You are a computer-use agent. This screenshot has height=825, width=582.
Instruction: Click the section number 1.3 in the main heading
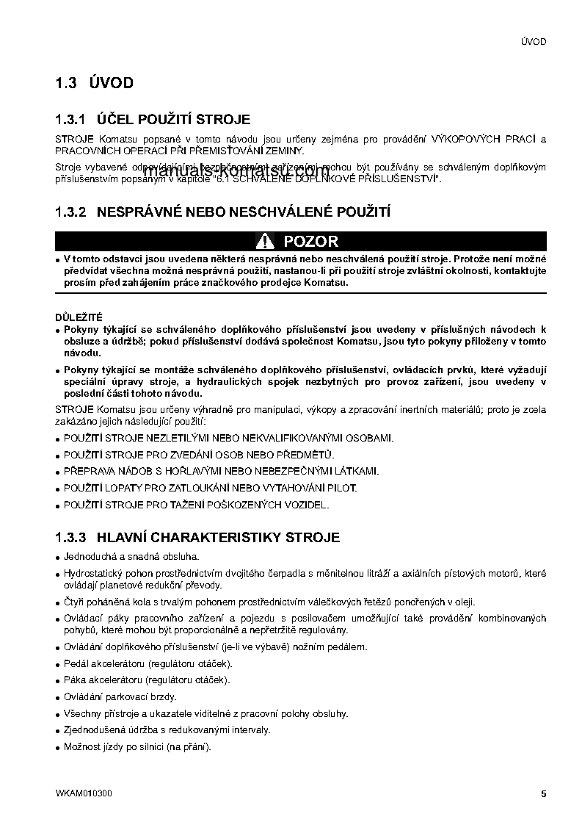pyautogui.click(x=66, y=83)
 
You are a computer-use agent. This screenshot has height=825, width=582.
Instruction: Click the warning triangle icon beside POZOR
pyautogui.click(x=265, y=241)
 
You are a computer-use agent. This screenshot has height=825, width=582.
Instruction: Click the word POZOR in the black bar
pyautogui.click(x=310, y=241)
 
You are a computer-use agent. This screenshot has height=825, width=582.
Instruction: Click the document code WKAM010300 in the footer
pyautogui.click(x=84, y=793)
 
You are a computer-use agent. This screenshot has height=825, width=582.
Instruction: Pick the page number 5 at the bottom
pyautogui.click(x=543, y=793)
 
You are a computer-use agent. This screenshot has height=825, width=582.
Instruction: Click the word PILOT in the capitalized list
pyautogui.click(x=342, y=488)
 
